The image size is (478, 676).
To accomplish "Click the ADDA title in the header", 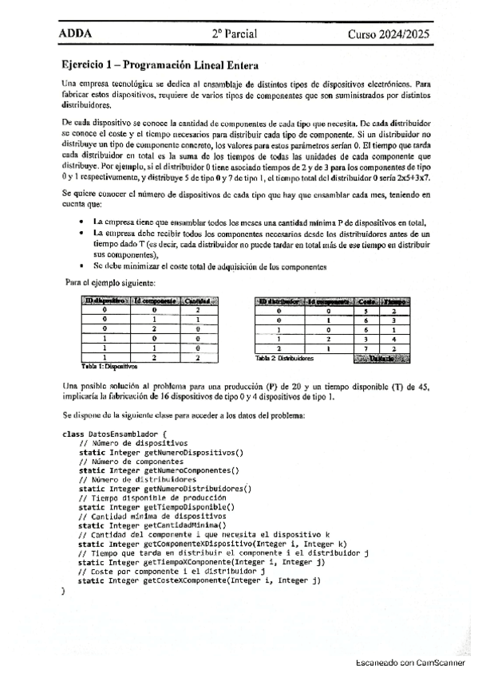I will coord(76,34).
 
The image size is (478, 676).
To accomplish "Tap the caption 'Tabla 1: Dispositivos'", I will coord(110,367).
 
